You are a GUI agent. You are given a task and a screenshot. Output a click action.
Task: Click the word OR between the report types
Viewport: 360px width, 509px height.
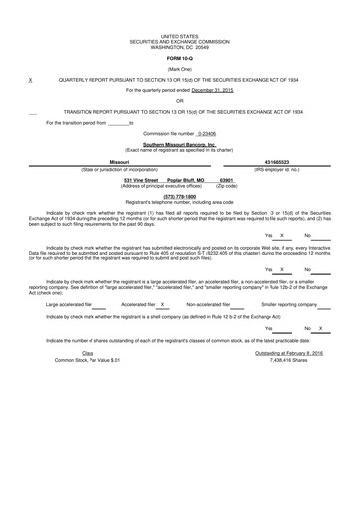tap(179, 73)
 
